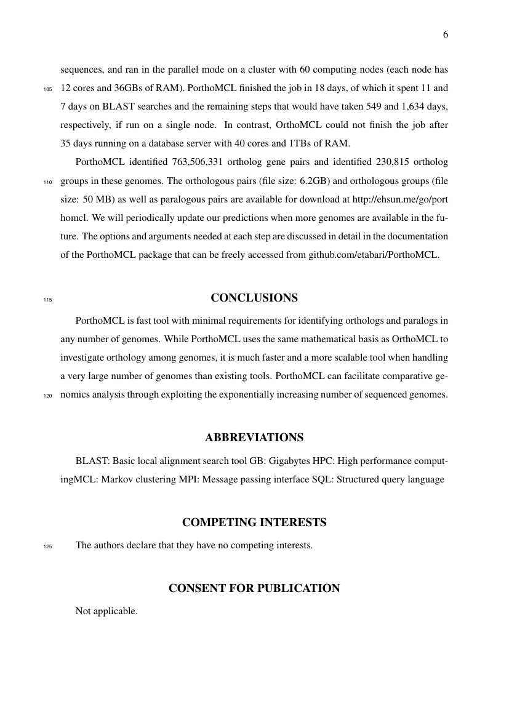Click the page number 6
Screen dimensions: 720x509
pos(445,34)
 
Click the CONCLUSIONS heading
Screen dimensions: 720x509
pos(254,298)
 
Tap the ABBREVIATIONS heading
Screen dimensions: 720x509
pos(254,438)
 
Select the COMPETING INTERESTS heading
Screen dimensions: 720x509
pos(254,523)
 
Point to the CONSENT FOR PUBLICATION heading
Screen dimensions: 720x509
pos(254,588)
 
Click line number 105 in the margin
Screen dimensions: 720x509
pos(48,89)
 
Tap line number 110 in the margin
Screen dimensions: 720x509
pos(48,182)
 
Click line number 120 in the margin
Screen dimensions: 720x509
pos(48,396)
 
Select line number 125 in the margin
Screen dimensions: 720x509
pos(48,546)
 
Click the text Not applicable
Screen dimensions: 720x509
pos(106,611)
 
